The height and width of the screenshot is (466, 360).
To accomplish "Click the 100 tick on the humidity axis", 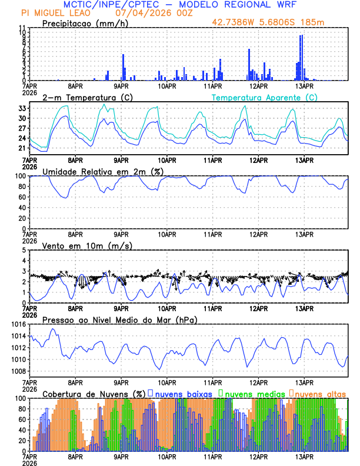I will [x=19, y=176].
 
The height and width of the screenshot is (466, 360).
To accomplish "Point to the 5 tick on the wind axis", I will [x=24, y=250].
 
